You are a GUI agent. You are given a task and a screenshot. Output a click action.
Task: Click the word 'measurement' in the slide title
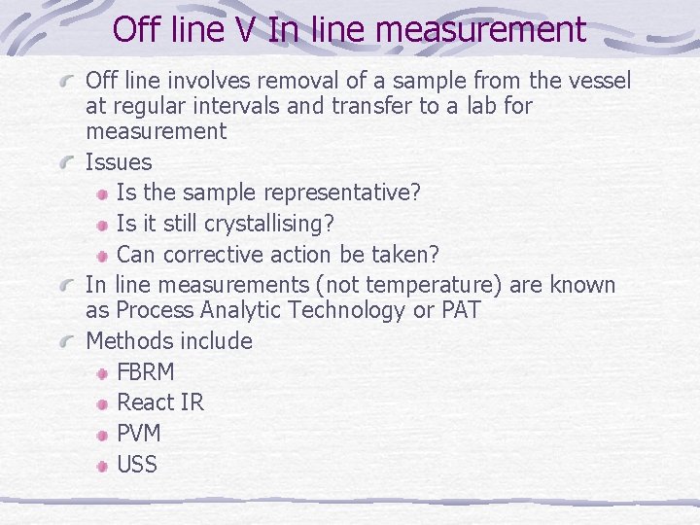(x=479, y=30)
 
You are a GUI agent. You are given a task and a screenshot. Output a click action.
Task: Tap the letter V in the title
(x=245, y=30)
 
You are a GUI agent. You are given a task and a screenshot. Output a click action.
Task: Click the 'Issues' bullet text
(x=119, y=161)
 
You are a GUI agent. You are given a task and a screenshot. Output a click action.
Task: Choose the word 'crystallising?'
(x=269, y=224)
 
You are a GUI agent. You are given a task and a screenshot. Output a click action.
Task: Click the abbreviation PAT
(x=459, y=310)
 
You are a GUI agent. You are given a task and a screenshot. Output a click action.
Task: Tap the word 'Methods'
(x=131, y=341)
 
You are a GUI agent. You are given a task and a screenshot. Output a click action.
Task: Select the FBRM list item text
(x=146, y=372)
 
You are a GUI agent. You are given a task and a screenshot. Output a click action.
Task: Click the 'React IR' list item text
(x=160, y=402)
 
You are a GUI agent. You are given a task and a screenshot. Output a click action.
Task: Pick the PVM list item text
(x=139, y=434)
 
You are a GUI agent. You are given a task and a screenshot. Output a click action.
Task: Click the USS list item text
(x=137, y=465)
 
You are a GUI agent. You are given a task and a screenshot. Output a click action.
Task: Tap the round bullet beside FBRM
(x=103, y=373)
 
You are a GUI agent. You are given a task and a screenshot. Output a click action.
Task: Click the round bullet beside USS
(x=103, y=466)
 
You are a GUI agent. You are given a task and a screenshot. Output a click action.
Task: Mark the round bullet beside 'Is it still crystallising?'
(x=103, y=225)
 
